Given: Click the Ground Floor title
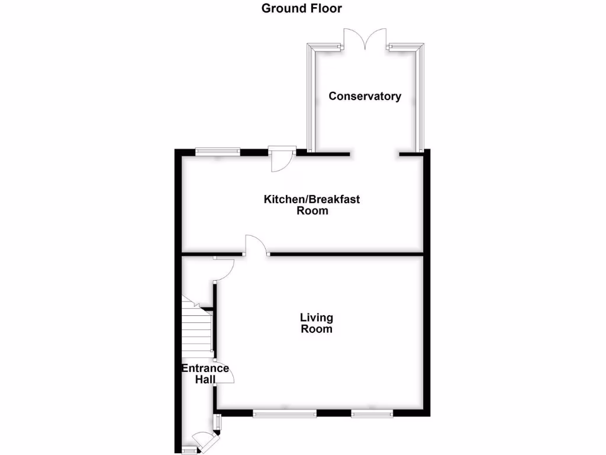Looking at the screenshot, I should pos(302,8).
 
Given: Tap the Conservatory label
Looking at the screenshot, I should pos(365,96).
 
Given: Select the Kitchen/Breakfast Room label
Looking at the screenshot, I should pos(312,205).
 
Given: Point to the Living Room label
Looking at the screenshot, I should pos(317,323).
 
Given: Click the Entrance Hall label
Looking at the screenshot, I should pos(205,373).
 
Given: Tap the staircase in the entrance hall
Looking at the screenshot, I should pos(196,329).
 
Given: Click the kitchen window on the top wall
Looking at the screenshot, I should pos(218,151).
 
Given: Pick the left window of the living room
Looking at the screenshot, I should pos(285,414).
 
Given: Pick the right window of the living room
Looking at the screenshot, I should pos(372,414).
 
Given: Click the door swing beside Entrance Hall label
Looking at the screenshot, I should pos(225,373).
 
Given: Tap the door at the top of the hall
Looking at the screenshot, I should pos(224,269).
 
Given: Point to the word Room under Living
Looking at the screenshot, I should pos(317,329).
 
